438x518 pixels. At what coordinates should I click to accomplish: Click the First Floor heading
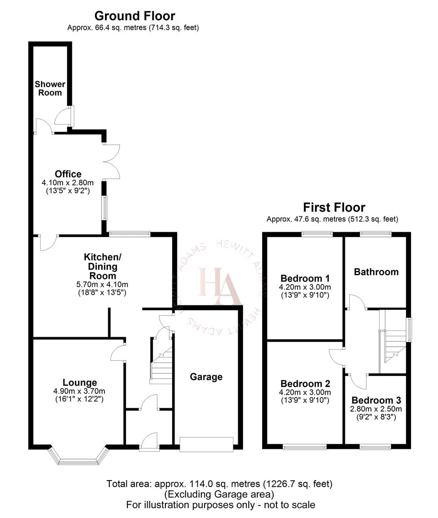(x=334, y=208)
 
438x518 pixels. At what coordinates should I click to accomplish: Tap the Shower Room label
(x=50, y=88)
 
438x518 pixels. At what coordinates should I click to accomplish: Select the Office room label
(x=68, y=174)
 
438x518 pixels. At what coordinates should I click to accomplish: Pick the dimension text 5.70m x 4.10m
(x=103, y=283)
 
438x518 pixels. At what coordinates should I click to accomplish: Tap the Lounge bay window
(x=77, y=457)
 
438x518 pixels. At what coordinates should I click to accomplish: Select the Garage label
(x=206, y=377)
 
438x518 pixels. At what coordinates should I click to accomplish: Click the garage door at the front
(x=207, y=444)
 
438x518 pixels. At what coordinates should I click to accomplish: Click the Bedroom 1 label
(x=305, y=278)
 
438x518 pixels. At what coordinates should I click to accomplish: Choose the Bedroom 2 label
(x=305, y=384)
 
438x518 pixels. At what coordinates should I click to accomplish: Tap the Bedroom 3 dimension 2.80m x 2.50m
(x=376, y=409)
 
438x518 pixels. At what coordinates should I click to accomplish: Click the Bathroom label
(x=376, y=272)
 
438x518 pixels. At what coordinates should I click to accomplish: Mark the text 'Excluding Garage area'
(x=219, y=494)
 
